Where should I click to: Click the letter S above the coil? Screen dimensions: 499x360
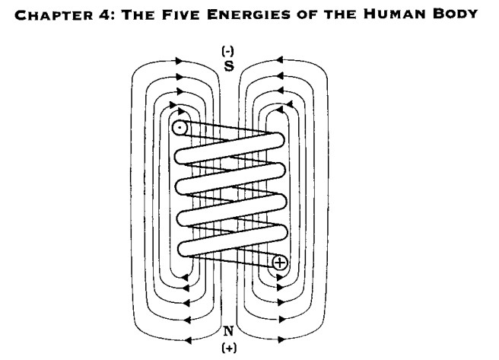point(229,66)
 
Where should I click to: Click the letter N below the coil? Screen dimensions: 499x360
point(229,331)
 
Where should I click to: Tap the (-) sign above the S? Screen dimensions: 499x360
point(228,51)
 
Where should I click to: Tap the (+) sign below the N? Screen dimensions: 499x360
point(229,348)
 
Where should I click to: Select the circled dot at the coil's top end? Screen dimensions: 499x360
point(180,128)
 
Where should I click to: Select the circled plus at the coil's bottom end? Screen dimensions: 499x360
point(280,263)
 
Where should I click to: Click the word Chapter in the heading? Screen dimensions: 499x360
point(54,15)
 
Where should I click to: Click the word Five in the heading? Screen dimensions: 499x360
point(181,14)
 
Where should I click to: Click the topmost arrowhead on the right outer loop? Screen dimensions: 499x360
point(279,60)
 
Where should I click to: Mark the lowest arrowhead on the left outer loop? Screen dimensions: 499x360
point(188,340)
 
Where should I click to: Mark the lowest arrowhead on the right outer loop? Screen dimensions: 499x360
point(281,339)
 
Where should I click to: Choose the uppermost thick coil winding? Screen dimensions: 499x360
point(229,148)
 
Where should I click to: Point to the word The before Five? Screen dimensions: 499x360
point(138,15)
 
